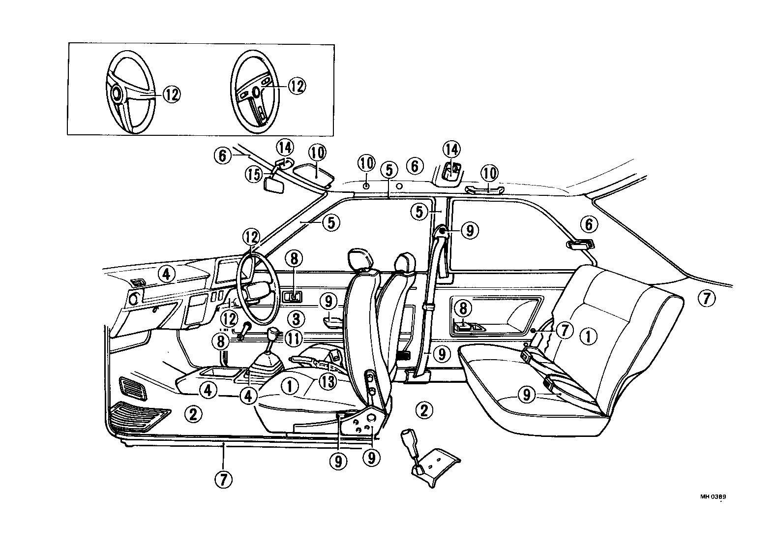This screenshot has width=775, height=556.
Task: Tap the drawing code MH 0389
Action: click(713, 496)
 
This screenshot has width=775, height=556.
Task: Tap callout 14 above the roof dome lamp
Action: click(451, 149)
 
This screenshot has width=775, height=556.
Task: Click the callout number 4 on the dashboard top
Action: click(166, 274)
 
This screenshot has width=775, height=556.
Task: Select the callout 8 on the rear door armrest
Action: click(463, 309)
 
